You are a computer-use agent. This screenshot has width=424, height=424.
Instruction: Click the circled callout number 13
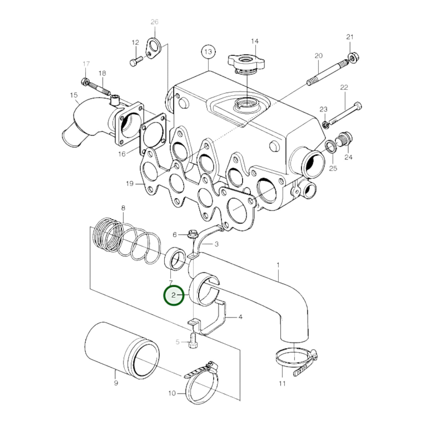[x=208, y=52]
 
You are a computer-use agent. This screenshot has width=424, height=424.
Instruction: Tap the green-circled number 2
[x=173, y=295]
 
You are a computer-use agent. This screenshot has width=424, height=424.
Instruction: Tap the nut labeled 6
[x=192, y=234]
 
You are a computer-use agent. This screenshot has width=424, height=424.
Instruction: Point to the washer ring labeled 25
[x=331, y=146]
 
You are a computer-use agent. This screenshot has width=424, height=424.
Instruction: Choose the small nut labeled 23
[x=325, y=125]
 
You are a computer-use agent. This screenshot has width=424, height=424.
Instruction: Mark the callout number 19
[x=129, y=184]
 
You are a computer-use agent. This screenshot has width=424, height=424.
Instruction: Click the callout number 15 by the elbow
[x=74, y=95]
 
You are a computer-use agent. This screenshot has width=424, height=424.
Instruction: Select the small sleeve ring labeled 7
[x=175, y=259]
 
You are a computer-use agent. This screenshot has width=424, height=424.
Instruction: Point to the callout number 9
[x=116, y=383]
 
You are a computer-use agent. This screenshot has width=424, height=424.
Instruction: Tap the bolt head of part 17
[x=85, y=81]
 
